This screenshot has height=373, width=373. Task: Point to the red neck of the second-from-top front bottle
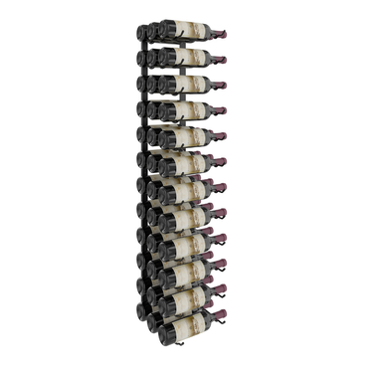click(x=219, y=60)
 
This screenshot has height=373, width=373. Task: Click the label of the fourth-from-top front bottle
click(x=188, y=108)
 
